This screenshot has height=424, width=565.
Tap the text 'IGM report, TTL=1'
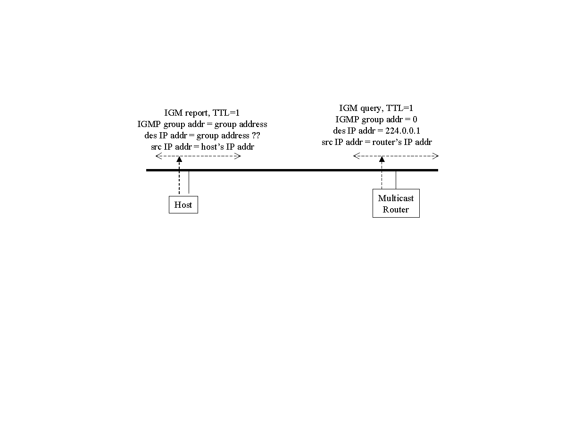(202, 113)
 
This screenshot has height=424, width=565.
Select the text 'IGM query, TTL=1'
(376, 108)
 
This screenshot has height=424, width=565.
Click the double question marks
(256, 136)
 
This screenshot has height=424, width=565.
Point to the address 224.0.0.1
(403, 131)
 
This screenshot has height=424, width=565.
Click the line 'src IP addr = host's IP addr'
(202, 147)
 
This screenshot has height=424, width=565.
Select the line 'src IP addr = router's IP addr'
(376, 142)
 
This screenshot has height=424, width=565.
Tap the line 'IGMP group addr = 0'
(376, 119)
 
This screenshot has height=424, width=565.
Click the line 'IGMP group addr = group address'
(202, 125)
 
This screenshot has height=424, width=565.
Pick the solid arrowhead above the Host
(179, 159)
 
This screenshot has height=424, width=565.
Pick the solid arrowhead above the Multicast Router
(382, 159)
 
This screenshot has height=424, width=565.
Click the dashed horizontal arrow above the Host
(198, 156)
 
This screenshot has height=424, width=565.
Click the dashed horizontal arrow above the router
(396, 156)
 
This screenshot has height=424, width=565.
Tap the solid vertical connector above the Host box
(189, 182)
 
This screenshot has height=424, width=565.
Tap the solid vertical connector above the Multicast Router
(396, 180)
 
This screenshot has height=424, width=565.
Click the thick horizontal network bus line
(292, 170)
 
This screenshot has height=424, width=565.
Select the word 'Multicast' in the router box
(396, 198)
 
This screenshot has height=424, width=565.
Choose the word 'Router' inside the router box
(396, 210)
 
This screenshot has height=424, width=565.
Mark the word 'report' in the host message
(197, 113)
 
